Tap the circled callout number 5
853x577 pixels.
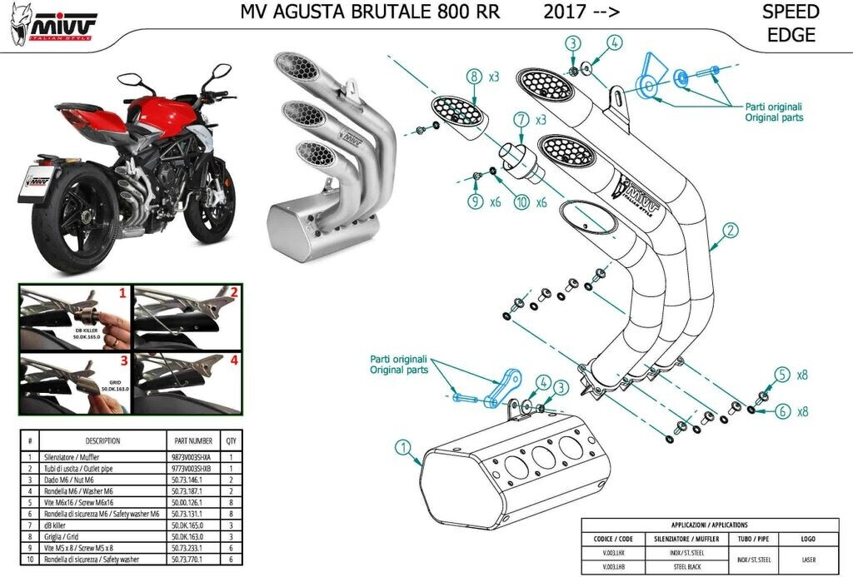(x=781, y=375)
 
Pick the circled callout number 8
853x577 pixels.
(x=474, y=77)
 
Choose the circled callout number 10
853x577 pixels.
(x=521, y=201)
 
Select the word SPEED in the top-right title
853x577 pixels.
(x=791, y=12)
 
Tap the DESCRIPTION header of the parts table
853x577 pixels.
(x=102, y=440)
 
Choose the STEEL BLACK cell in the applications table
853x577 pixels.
(x=691, y=567)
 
